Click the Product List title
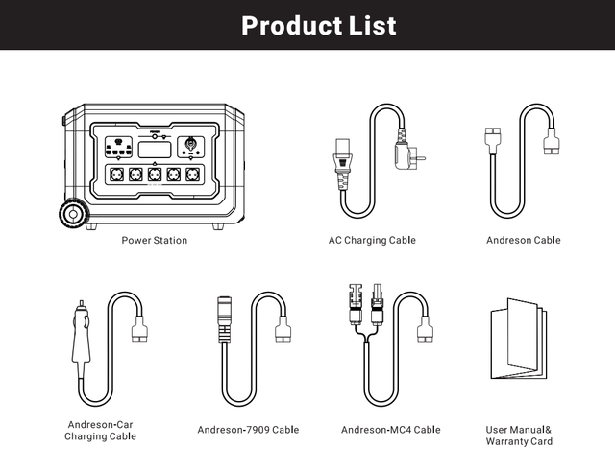click(x=318, y=25)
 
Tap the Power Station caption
click(x=155, y=241)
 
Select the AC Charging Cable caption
click(x=372, y=241)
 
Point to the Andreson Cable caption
click(x=523, y=241)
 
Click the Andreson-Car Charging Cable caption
click(x=100, y=430)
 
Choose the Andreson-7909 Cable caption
click(x=249, y=430)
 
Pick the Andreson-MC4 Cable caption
click(x=390, y=430)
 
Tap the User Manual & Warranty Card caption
click(x=519, y=435)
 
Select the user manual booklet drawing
click(x=518, y=341)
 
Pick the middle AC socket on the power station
click(x=154, y=175)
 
